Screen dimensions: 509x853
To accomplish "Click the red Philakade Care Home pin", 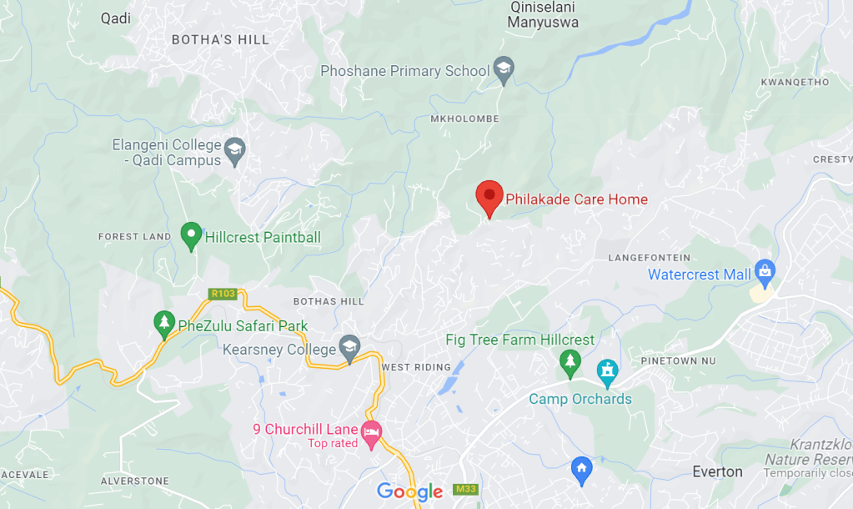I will click(x=489, y=197).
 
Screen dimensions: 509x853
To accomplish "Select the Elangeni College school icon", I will click(x=235, y=149).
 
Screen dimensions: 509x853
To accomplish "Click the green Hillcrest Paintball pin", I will click(x=192, y=234).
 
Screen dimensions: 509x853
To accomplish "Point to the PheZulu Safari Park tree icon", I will click(x=164, y=323).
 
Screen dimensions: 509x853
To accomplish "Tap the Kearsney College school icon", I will click(x=349, y=347).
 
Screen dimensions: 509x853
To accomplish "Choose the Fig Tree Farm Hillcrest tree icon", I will click(x=570, y=361).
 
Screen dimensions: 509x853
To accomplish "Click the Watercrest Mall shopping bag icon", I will click(x=764, y=270).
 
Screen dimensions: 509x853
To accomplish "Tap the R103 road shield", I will click(x=223, y=294).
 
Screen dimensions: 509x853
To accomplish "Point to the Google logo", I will click(x=409, y=491).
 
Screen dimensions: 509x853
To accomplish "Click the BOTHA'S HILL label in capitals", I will click(x=220, y=39).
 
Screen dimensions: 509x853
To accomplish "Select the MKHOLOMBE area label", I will click(x=464, y=119).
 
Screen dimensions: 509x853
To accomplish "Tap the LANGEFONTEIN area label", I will click(x=650, y=258).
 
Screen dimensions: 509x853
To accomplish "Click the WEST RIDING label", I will click(x=415, y=367).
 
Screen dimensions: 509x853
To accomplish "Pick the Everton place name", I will click(x=717, y=471).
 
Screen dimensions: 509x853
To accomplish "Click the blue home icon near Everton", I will click(x=581, y=469).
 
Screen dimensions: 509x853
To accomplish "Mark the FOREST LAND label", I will click(x=134, y=237).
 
